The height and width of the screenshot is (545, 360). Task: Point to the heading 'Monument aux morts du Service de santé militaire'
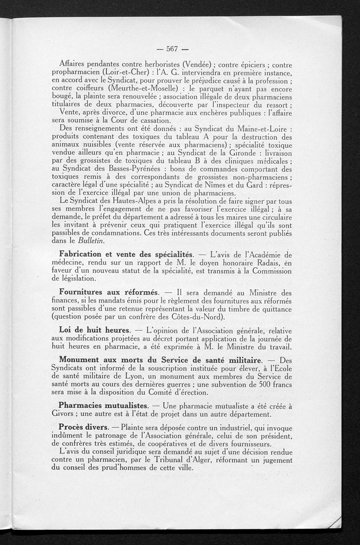161,360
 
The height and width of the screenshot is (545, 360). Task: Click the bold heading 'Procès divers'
84,427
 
